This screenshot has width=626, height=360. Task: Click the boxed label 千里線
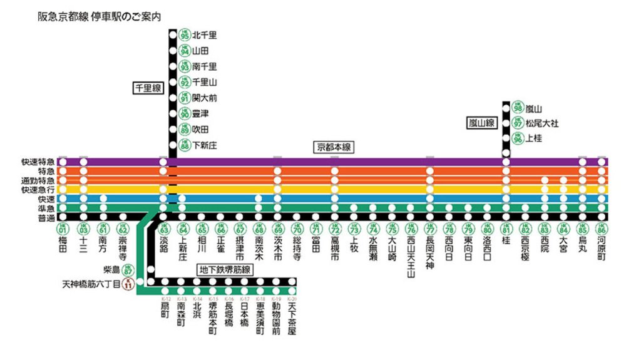click(148, 88)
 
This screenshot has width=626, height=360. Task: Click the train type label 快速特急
click(38, 162)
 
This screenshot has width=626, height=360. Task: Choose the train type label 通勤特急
click(38, 180)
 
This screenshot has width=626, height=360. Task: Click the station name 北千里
click(205, 35)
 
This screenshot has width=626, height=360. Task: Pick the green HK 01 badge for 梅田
click(62, 229)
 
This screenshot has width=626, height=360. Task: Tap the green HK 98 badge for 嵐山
click(517, 108)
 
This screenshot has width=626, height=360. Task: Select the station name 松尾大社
click(542, 123)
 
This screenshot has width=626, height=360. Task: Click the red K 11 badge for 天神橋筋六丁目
click(128, 284)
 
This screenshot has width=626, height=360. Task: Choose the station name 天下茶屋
click(291, 319)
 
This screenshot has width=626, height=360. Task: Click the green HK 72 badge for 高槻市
click(335, 229)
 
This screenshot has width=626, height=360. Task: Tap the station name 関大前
click(205, 98)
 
